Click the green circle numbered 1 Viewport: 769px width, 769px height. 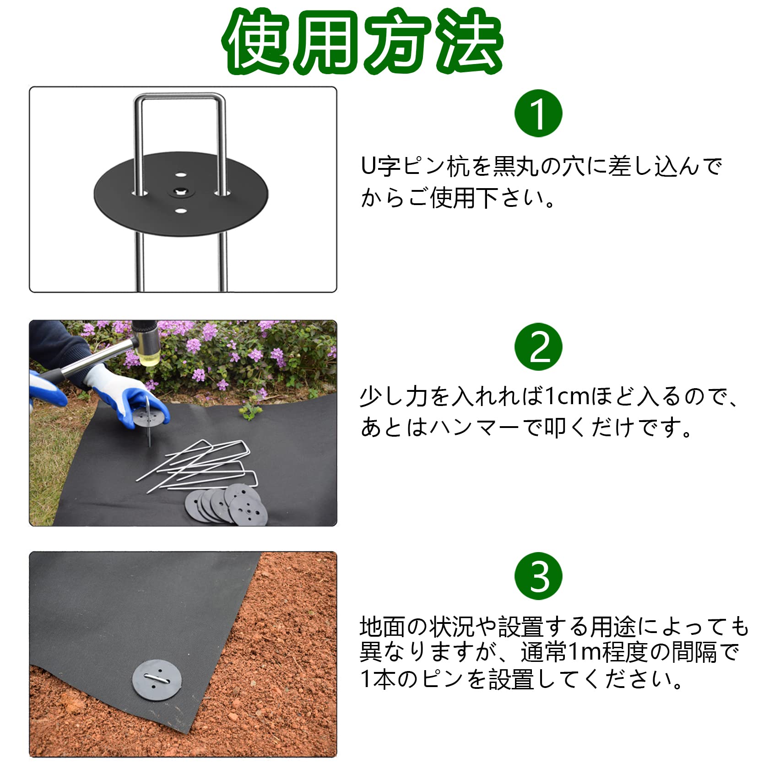coord(538,113)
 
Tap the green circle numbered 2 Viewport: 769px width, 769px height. coord(538,347)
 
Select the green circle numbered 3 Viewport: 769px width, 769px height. coord(538,576)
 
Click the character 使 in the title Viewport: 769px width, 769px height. coord(259,41)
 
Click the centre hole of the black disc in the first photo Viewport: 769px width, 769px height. coord(181,192)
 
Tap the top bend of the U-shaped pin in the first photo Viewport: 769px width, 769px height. coord(180,97)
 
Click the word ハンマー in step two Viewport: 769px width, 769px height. coord(474,428)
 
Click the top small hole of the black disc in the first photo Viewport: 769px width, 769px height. coord(181,174)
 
